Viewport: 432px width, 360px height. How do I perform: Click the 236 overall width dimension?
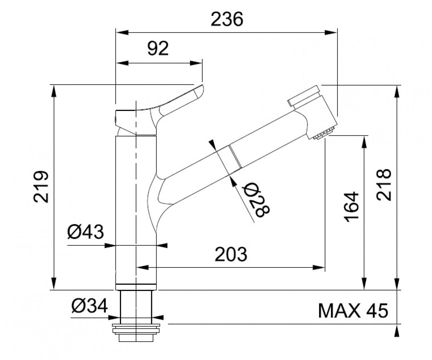(227, 19)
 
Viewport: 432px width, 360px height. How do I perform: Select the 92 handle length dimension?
(158, 48)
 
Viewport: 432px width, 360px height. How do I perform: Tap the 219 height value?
(41, 186)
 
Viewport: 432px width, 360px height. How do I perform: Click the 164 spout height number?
(351, 207)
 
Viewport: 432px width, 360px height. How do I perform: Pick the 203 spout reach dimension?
(231, 254)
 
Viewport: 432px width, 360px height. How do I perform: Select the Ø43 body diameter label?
(85, 232)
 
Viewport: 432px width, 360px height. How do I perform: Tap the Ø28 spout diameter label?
(257, 200)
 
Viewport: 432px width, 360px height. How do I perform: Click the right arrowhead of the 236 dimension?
(331, 32)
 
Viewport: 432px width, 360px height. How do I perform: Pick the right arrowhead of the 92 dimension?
(196, 63)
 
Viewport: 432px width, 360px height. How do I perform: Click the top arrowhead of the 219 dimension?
(54, 91)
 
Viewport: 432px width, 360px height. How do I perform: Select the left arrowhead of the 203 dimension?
(142, 267)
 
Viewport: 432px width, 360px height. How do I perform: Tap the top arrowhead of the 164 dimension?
(364, 142)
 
